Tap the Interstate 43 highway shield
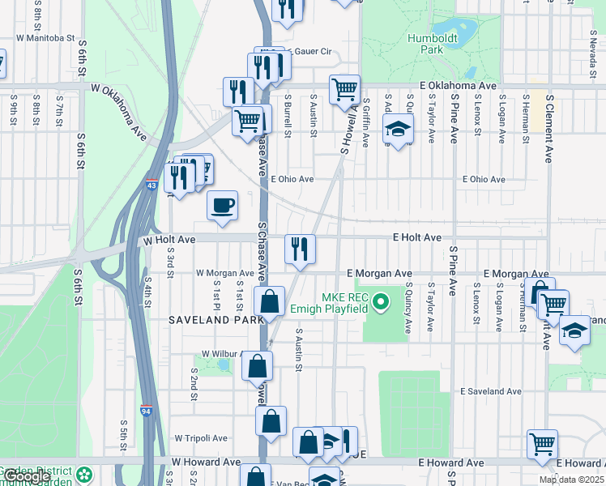pyautogui.click(x=152, y=185)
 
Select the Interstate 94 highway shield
pyautogui.click(x=146, y=410)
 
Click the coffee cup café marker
pyautogui.click(x=222, y=206)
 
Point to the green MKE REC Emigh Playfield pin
pyautogui.click(x=385, y=306)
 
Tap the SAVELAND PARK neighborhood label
pyautogui.click(x=216, y=320)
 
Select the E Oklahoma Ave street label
pyautogui.click(x=458, y=85)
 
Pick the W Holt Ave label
pyautogui.click(x=169, y=241)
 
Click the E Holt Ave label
pyautogui.click(x=417, y=237)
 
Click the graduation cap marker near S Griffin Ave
pyautogui.click(x=398, y=130)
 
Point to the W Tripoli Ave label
pyautogui.click(x=201, y=437)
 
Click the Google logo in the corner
pyautogui.click(x=27, y=477)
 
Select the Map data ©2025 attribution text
pyautogui.click(x=572, y=480)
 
